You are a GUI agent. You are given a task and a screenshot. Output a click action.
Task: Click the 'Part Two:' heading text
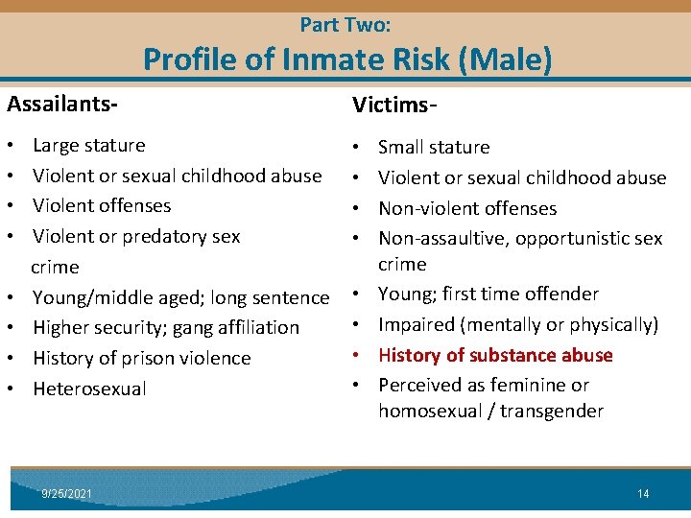pos(345,25)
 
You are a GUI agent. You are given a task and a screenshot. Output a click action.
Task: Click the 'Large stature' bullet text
pos(89,146)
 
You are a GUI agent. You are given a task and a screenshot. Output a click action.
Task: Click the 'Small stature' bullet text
pos(434,148)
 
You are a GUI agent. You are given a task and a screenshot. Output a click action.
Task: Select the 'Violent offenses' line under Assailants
pos(102,206)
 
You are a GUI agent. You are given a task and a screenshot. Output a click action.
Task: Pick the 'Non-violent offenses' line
pos(467,208)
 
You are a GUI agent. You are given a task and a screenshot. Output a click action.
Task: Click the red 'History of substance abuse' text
pos(495,355)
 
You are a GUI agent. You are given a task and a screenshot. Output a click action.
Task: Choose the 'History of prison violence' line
pos(141,359)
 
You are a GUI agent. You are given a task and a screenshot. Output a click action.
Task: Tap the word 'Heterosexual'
pos(89,388)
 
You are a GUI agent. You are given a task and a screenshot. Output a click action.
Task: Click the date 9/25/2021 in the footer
pos(67,493)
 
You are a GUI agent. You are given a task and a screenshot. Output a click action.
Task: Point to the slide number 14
pos(643,493)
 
